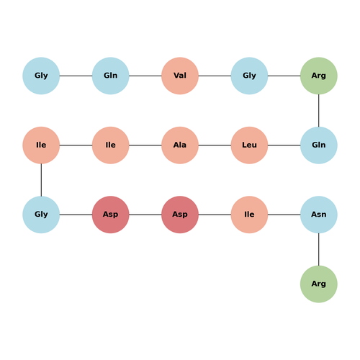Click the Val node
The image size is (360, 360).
[x=180, y=76]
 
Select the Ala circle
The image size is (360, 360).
[x=180, y=145]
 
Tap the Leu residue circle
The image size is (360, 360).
[x=249, y=145]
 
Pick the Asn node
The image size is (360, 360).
[x=319, y=215]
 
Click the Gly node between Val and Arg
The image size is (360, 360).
[x=249, y=76]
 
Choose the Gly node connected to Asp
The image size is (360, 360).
[x=41, y=215]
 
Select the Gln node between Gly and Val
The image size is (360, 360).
[x=111, y=76]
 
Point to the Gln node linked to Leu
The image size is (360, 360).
[x=319, y=145]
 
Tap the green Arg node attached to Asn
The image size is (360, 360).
[x=319, y=284]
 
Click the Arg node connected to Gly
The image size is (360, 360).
[x=319, y=76]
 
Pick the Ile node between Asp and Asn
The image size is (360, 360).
[x=249, y=215]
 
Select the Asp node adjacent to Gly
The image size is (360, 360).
[x=111, y=215]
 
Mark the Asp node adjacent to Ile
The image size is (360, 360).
[x=180, y=215]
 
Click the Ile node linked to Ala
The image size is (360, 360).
[x=111, y=145]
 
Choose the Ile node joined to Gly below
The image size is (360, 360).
[x=41, y=145]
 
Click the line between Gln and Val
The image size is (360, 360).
[x=145, y=76]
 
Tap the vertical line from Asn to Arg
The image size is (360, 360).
[x=319, y=249]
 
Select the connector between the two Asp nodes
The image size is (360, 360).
[x=145, y=215]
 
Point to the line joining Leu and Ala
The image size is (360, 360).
[x=215, y=145]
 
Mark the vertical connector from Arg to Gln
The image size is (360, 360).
[x=319, y=111]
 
